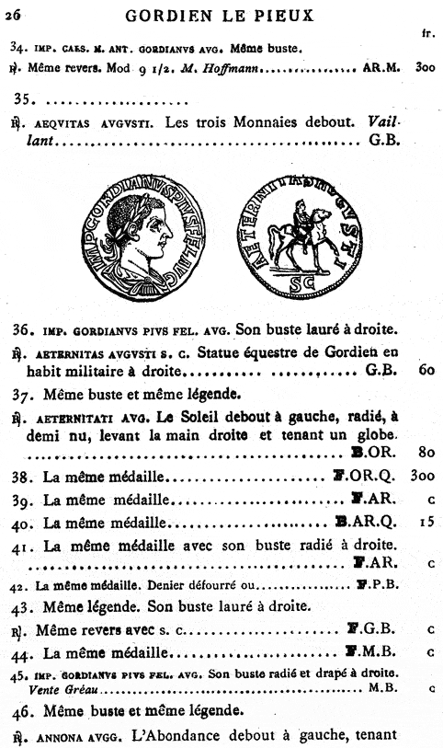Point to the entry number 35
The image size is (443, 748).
[x=22, y=99]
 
